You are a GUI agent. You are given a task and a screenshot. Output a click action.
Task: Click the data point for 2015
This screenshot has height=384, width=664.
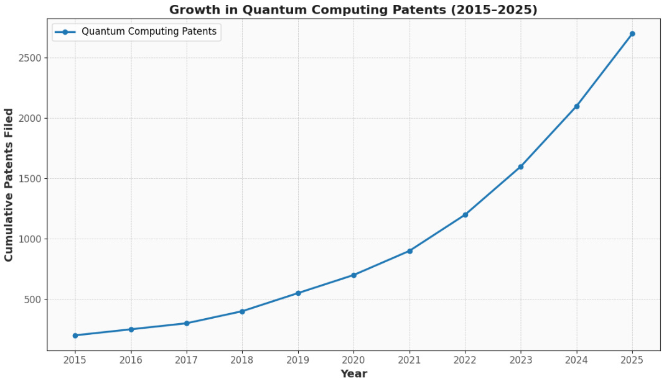(x=75, y=336)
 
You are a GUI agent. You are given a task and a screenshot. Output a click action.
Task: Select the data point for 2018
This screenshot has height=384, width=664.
(x=242, y=311)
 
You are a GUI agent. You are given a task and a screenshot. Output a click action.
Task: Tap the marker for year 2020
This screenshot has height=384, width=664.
(x=353, y=275)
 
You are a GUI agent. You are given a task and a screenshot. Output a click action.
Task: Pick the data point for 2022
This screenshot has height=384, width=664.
(x=465, y=215)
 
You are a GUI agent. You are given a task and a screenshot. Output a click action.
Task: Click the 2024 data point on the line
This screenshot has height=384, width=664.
(x=576, y=106)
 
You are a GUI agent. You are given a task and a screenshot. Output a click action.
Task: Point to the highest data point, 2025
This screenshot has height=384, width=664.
(x=632, y=34)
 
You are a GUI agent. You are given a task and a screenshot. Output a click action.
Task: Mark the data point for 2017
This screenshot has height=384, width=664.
(x=187, y=323)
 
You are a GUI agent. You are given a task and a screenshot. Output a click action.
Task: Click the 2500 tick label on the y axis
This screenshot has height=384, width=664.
(x=30, y=58)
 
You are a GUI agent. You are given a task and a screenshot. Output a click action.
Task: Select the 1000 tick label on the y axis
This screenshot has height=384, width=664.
(x=30, y=239)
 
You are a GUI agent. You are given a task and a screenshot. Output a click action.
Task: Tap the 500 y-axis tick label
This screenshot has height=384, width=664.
(x=32, y=299)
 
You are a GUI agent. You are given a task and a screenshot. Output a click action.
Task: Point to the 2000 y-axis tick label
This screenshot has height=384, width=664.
(x=30, y=118)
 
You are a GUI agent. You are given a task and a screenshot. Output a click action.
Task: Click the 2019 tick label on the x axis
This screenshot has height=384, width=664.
(x=298, y=359)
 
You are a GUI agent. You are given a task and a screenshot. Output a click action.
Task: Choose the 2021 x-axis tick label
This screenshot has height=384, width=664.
(x=409, y=359)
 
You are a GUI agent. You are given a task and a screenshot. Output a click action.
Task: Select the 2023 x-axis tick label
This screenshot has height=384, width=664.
(x=521, y=359)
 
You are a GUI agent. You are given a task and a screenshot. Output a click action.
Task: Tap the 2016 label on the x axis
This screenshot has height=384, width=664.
(x=131, y=359)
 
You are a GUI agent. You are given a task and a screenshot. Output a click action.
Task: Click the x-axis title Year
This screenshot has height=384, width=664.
(x=353, y=374)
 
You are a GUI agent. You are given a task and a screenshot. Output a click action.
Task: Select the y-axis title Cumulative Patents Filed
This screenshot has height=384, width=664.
(x=9, y=185)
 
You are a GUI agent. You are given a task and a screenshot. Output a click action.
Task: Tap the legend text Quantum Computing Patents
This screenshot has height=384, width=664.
(x=149, y=32)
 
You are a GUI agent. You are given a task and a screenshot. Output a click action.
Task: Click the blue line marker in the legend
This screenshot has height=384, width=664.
(x=65, y=32)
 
